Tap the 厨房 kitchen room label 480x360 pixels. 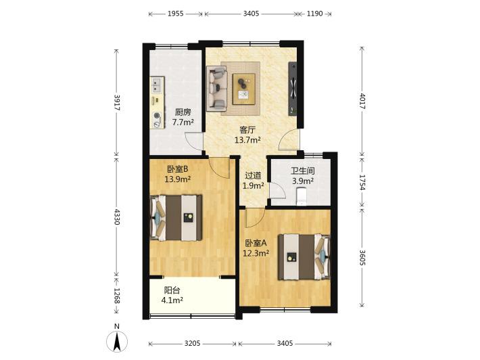[x=183, y=112]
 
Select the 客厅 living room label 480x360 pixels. [x=247, y=130]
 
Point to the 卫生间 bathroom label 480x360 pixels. [x=302, y=171]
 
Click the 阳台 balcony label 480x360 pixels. [x=172, y=290]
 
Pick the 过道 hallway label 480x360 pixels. [x=253, y=175]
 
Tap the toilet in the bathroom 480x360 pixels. [x=302, y=197]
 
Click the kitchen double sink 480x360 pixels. [x=158, y=85]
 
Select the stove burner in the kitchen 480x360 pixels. [x=157, y=116]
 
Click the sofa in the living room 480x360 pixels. [x=217, y=88]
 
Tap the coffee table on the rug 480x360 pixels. [x=243, y=89]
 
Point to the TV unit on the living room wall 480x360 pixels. [x=293, y=89]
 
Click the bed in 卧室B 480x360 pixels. [x=176, y=217]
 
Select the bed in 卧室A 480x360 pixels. [x=304, y=257]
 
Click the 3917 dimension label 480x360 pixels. [x=117, y=103]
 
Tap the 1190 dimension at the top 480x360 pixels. [x=314, y=14]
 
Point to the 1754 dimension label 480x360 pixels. [x=362, y=182]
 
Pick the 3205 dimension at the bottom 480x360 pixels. [x=192, y=344]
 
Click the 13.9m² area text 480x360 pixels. [x=178, y=179]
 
